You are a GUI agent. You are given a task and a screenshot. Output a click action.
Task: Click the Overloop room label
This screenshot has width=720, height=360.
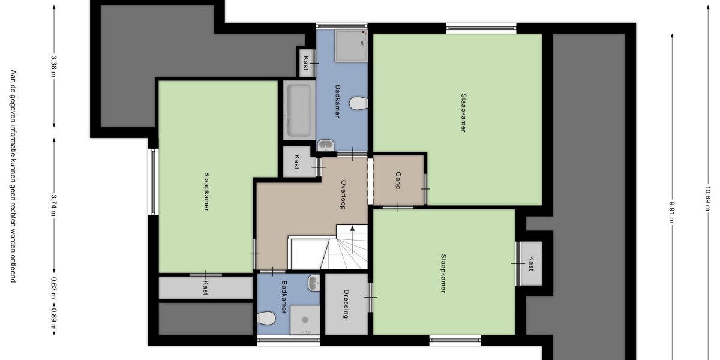pyautogui.click(x=343, y=195)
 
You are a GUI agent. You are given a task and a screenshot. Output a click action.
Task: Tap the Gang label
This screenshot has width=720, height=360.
pyautogui.click(x=398, y=181)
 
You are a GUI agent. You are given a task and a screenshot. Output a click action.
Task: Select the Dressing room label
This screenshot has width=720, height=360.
pyautogui.click(x=346, y=304)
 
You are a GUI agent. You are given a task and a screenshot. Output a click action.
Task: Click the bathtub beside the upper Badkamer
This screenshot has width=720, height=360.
pyautogui.click(x=299, y=110)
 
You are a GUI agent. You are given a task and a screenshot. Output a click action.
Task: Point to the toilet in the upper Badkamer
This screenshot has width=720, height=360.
pyautogui.click(x=359, y=103)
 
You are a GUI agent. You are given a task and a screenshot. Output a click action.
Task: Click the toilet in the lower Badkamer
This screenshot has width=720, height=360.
pyautogui.click(x=266, y=318)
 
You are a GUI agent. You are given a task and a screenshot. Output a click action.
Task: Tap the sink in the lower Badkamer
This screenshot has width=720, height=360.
pyautogui.click(x=314, y=283)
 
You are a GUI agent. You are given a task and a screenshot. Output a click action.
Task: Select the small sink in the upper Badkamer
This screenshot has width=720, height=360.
pyautogui.click(x=326, y=145)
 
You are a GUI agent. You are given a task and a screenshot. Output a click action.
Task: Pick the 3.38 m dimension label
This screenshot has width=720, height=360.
pyautogui.click(x=53, y=67)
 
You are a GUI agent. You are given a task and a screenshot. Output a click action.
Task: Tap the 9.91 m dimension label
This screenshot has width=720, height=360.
pyautogui.click(x=672, y=212)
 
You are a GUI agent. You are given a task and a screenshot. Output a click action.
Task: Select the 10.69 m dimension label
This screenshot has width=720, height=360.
pyautogui.click(x=707, y=199)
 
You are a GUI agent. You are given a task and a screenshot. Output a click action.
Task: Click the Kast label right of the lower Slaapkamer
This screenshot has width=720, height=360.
pyautogui.click(x=531, y=263)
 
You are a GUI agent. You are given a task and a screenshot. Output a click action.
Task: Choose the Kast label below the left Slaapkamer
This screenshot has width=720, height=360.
pyautogui.click(x=206, y=287)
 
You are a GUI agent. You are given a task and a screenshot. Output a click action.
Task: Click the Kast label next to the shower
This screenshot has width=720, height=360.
pyautogui.click(x=306, y=63)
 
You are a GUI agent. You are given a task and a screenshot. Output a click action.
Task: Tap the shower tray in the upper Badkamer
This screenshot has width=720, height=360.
pyautogui.click(x=352, y=46)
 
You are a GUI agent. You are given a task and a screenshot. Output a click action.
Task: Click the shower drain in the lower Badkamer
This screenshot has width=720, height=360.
pyautogui.click(x=305, y=320)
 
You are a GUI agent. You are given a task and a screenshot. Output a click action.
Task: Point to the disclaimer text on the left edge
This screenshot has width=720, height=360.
pyautogui.click(x=13, y=176)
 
